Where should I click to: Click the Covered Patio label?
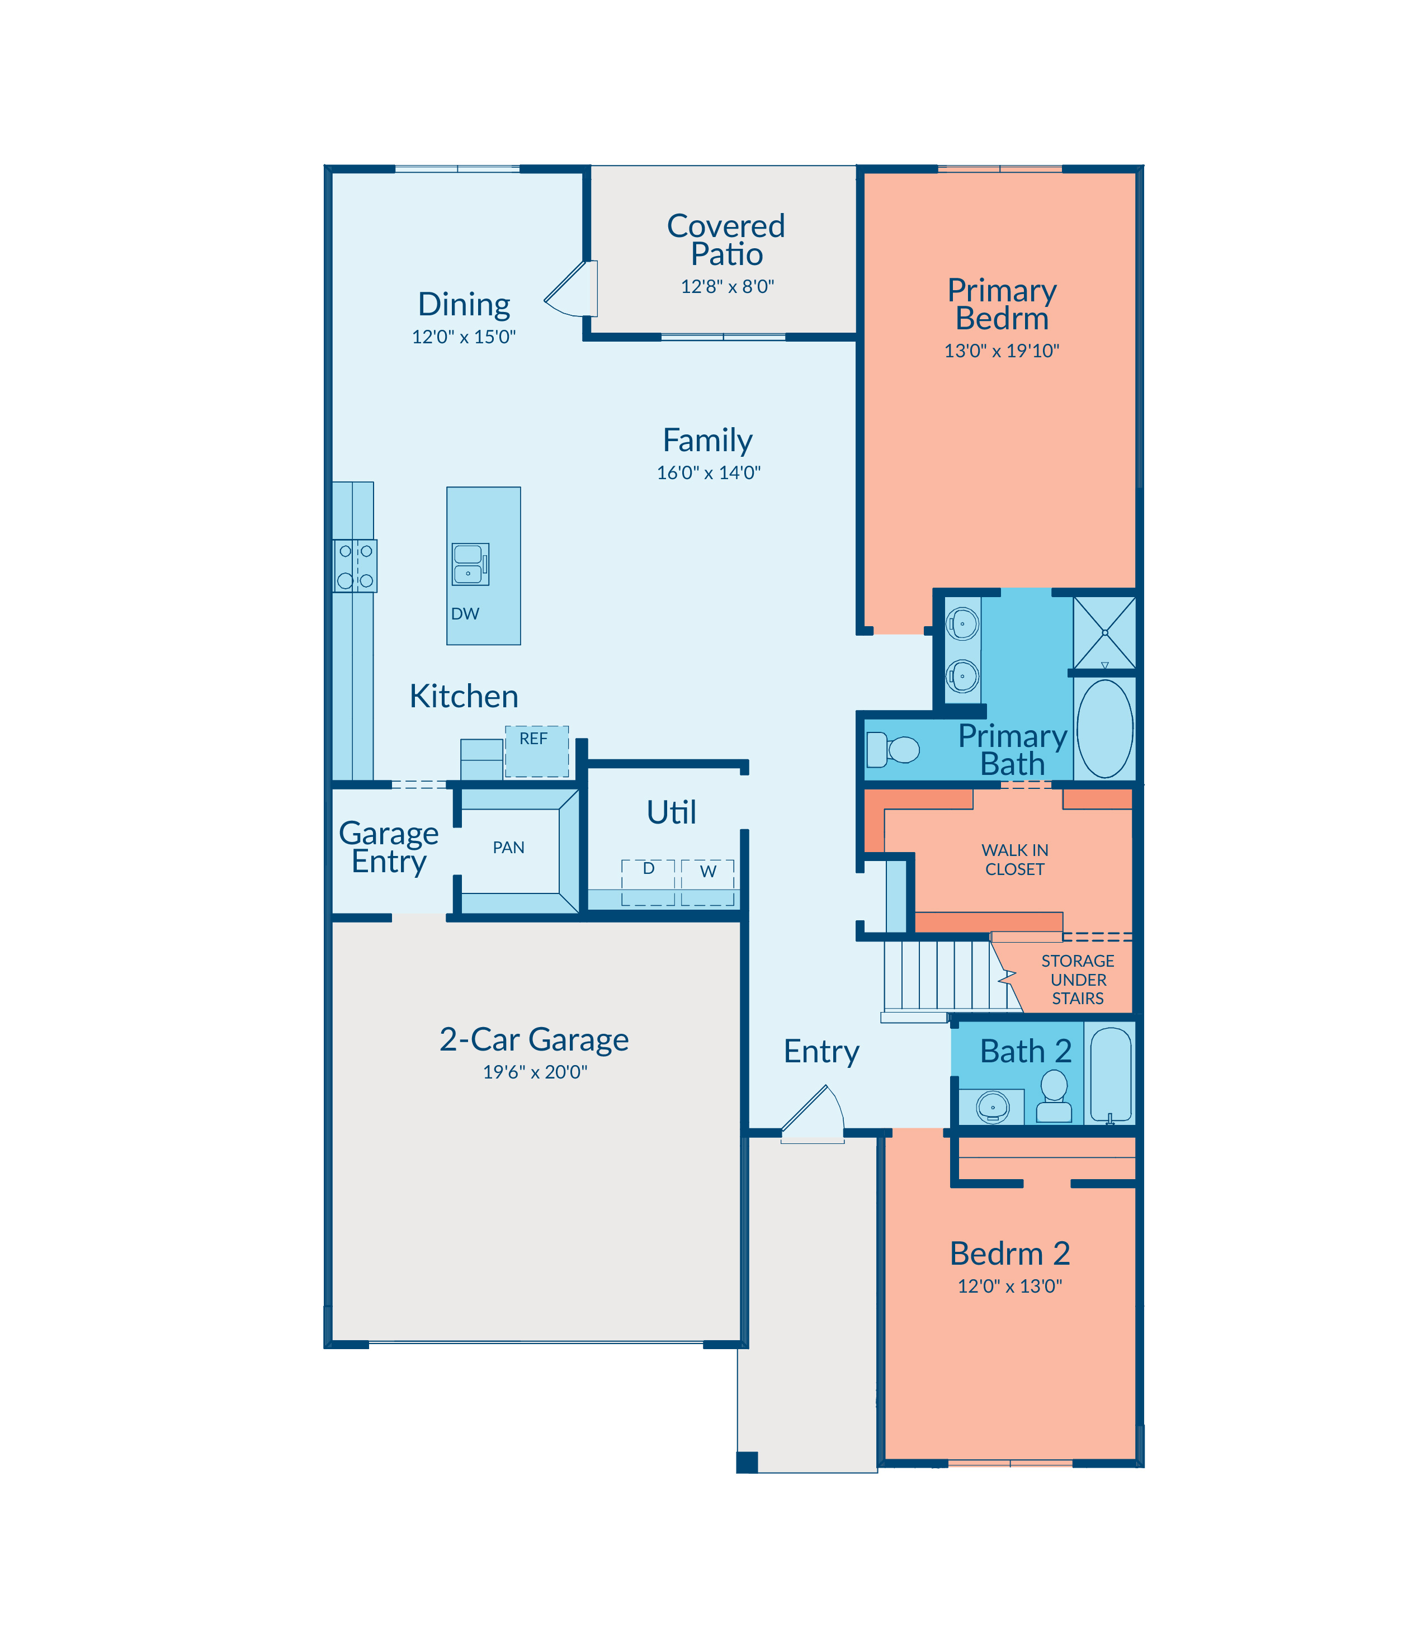726,239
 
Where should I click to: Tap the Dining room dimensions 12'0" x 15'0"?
464,337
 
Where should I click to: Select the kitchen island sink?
470,564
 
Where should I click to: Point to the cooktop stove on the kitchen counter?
355,566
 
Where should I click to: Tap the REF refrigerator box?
537,751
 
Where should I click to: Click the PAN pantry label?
508,847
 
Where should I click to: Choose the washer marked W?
707,882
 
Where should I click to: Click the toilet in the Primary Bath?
892,749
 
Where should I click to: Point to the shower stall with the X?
1104,632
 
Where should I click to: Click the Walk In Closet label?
1014,859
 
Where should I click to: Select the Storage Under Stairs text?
1078,980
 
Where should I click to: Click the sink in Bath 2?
992,1106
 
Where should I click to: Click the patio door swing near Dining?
570,288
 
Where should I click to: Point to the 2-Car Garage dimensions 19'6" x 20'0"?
535,1072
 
